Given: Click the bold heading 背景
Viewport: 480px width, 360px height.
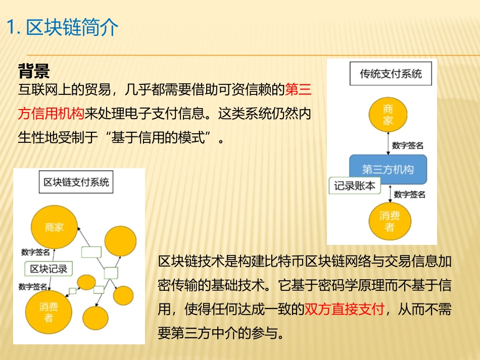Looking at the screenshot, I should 34,70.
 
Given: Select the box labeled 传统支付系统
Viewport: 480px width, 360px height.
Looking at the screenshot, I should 391,74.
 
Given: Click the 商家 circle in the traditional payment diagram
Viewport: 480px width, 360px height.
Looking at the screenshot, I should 388,115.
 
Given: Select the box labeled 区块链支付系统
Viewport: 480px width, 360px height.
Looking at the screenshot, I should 76,182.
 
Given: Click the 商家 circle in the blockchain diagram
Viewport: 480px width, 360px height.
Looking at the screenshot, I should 54,228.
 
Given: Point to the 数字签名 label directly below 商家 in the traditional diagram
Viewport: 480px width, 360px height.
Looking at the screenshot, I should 408,145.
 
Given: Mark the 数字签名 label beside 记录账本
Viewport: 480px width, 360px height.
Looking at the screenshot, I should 409,194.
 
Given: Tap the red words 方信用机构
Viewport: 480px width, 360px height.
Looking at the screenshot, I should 51,113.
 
